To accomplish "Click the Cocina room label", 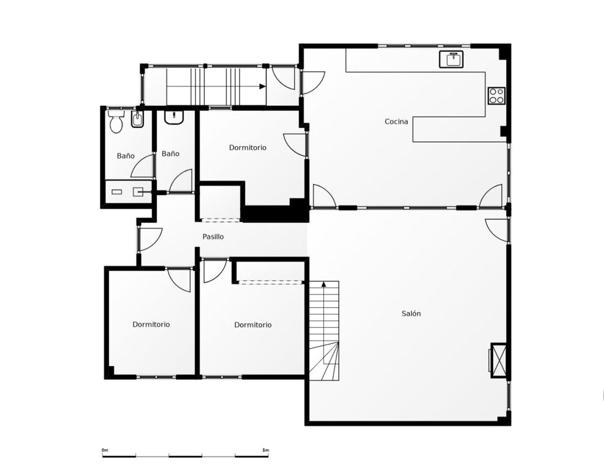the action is (x=396, y=122).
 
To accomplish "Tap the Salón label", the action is (x=411, y=314).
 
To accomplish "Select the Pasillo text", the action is (x=213, y=237).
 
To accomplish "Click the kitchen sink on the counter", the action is (x=451, y=59).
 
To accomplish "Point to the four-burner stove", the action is (x=496, y=95).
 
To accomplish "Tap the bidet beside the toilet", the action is (x=137, y=119).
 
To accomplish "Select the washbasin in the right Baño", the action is (x=174, y=117).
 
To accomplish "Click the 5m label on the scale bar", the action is (x=265, y=450).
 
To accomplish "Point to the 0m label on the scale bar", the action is (x=105, y=450).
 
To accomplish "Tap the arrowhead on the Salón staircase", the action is (x=323, y=284).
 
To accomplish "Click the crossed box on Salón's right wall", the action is (x=499, y=360).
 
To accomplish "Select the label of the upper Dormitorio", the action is (x=248, y=147).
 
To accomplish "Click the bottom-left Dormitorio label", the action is (x=151, y=324).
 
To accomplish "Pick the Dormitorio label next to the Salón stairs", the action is (x=253, y=325).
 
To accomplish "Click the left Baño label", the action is (x=126, y=156).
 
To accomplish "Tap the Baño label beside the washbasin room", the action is (x=170, y=154).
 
